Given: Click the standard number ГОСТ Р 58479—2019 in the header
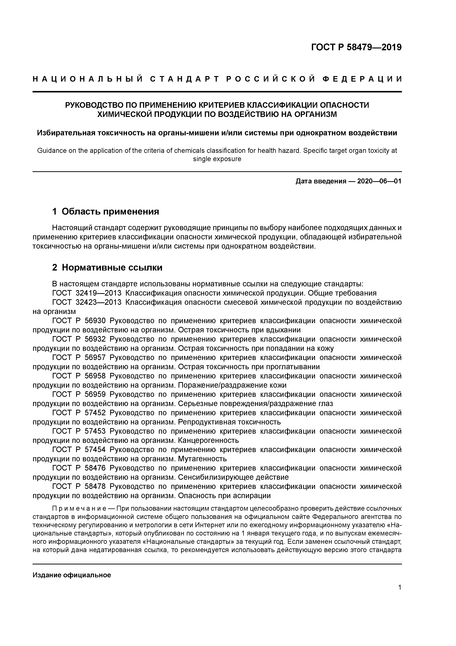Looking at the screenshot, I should [x=356, y=47].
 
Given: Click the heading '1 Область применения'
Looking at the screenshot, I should [x=106, y=211].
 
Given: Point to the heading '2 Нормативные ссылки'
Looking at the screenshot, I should [x=107, y=267].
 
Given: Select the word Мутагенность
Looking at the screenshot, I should [x=202, y=459].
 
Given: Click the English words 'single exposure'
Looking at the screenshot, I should [x=217, y=159].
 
